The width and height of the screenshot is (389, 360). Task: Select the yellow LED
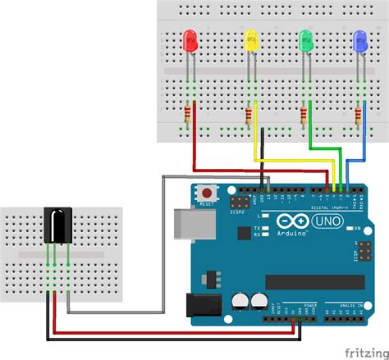(251, 39)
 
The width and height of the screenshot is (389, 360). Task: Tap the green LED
(306, 39)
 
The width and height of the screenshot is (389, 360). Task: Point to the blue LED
(359, 39)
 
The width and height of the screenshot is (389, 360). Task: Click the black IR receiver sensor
(56, 226)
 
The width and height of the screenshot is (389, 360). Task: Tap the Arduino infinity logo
(289, 222)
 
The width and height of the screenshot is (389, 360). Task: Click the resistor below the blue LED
(359, 114)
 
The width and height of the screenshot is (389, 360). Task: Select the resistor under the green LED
(304, 114)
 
